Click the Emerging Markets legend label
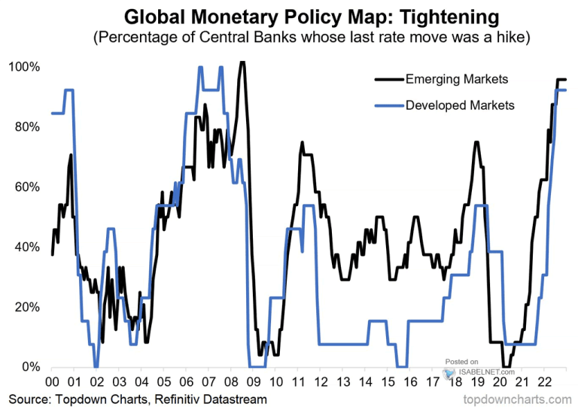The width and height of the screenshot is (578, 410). click(456, 79)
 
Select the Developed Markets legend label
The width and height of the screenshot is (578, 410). click(459, 105)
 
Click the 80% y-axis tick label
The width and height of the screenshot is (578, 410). click(26, 127)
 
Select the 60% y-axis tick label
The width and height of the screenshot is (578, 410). click(26, 187)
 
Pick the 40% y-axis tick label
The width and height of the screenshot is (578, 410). click(26, 247)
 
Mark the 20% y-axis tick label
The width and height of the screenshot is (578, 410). click(26, 307)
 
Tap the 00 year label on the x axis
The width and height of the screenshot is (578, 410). click(53, 382)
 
